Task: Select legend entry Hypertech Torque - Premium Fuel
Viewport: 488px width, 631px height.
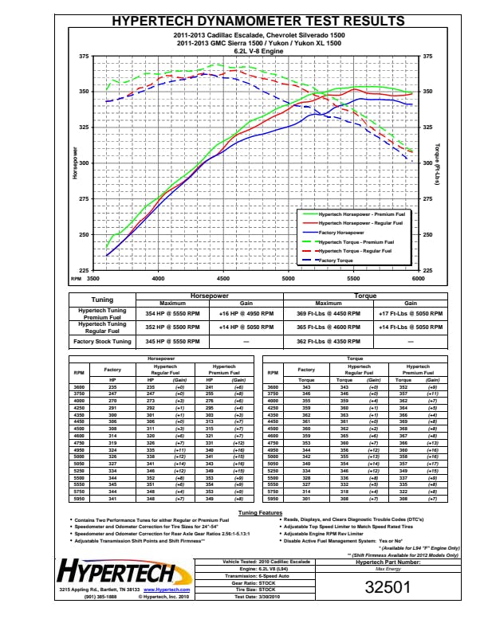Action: pos(356,242)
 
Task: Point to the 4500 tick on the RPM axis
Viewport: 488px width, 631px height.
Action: pos(223,280)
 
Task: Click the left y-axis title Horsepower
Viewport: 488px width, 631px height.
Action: pos(76,163)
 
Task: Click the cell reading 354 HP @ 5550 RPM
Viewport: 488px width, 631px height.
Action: pos(172,314)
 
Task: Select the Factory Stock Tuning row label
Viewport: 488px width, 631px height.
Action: pos(101,341)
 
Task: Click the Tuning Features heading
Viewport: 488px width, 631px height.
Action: pos(260,513)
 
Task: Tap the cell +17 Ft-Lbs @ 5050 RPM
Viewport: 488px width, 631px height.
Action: pos(410,314)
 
